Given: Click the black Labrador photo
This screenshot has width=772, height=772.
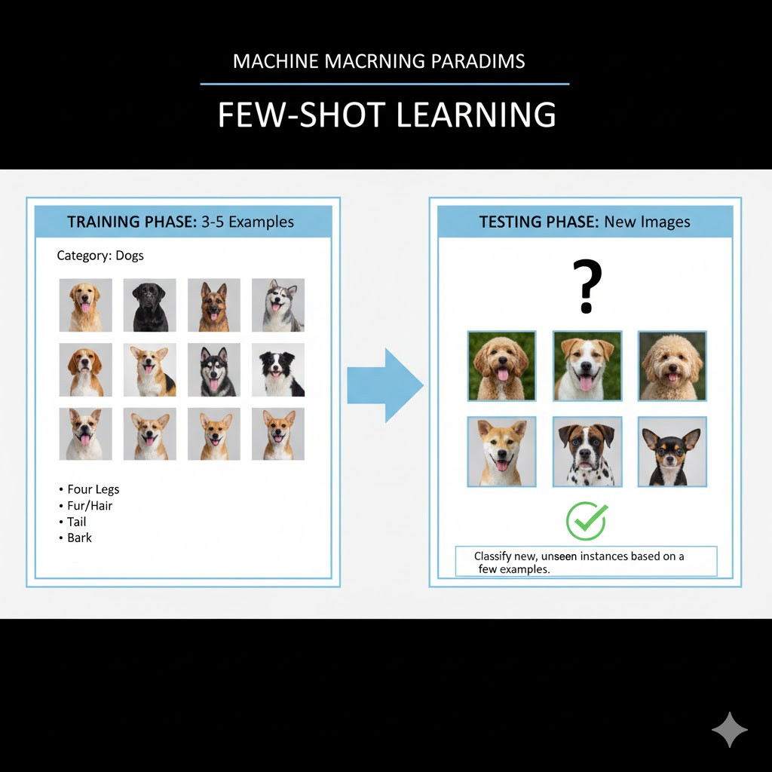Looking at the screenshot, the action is pyautogui.click(x=150, y=305).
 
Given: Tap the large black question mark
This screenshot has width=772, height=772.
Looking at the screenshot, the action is pyautogui.click(x=587, y=286).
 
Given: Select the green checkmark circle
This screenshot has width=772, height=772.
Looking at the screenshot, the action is pyautogui.click(x=587, y=521).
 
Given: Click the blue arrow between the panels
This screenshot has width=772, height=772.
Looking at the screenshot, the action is pyautogui.click(x=385, y=385).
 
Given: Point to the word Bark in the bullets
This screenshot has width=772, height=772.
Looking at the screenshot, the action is pyautogui.click(x=79, y=538).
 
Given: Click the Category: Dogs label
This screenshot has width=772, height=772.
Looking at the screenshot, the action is pyautogui.click(x=100, y=256).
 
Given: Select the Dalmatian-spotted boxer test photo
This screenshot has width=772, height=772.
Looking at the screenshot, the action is pyautogui.click(x=587, y=452).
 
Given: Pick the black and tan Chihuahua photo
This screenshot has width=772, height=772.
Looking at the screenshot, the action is pyautogui.click(x=672, y=452).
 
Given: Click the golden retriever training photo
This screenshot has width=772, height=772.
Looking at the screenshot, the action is pyautogui.click(x=86, y=305).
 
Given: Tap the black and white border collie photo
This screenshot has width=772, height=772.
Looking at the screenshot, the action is pyautogui.click(x=278, y=369).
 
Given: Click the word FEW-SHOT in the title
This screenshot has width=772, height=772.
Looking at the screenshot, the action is pyautogui.click(x=302, y=115).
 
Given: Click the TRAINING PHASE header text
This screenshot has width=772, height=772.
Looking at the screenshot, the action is pyautogui.click(x=132, y=222).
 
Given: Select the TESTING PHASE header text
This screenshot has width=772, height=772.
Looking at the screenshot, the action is pyautogui.click(x=539, y=222).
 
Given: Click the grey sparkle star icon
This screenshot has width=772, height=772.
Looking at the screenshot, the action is pyautogui.click(x=730, y=730).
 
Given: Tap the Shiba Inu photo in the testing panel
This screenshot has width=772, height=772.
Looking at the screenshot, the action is pyautogui.click(x=501, y=452).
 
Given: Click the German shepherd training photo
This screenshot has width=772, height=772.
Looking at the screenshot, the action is pyautogui.click(x=214, y=305).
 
